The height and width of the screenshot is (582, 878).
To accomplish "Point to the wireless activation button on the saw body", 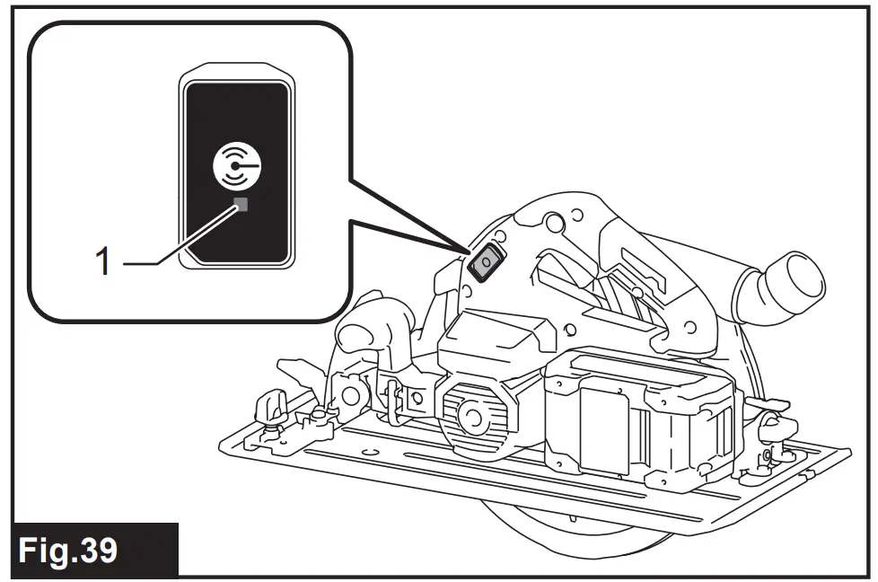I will pyautogui.click(x=483, y=261).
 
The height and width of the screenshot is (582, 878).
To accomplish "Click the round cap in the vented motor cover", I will pyautogui.click(x=471, y=415).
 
